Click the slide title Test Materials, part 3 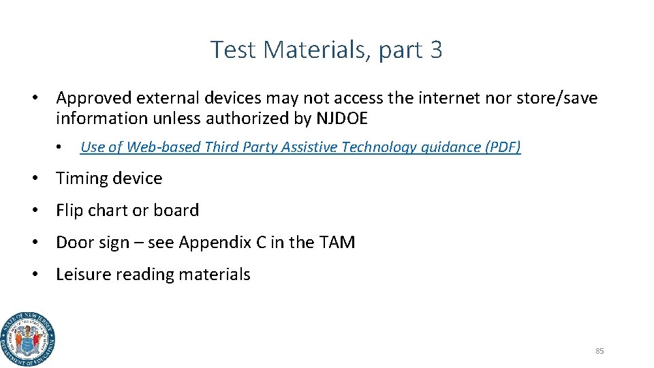tap(326, 50)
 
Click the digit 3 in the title tap(436, 50)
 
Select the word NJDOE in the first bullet tap(342, 119)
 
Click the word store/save tap(560, 98)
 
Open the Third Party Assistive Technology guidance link tap(300, 147)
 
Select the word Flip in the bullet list tap(69, 211)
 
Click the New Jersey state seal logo tap(28, 339)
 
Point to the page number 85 tap(599, 351)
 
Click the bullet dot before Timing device tap(33, 179)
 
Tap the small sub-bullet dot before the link tap(60, 147)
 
